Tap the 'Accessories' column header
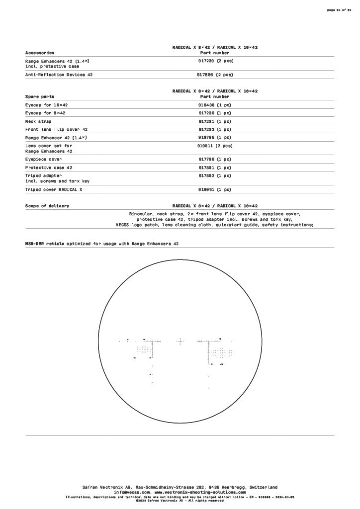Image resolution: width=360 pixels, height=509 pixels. (x=40, y=53)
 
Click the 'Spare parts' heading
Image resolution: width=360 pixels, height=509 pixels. (x=40, y=96)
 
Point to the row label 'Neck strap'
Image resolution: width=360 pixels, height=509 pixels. (x=38, y=121)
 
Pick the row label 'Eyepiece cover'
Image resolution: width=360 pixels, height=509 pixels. (x=44, y=160)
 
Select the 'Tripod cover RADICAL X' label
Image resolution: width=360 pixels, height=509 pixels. (x=54, y=189)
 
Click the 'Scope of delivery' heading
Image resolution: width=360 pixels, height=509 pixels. (x=47, y=206)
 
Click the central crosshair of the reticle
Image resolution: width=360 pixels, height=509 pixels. (x=180, y=341)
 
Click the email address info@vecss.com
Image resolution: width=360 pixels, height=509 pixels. (x=132, y=492)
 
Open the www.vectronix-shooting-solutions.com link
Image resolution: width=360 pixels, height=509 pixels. (x=200, y=492)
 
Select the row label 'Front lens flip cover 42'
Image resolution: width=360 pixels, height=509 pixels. (x=56, y=129)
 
